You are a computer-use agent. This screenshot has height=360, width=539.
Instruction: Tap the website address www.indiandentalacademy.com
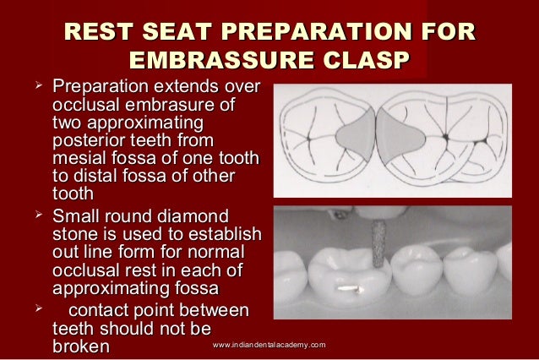[269, 346]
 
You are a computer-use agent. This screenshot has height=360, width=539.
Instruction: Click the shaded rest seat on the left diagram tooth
[355, 136]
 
